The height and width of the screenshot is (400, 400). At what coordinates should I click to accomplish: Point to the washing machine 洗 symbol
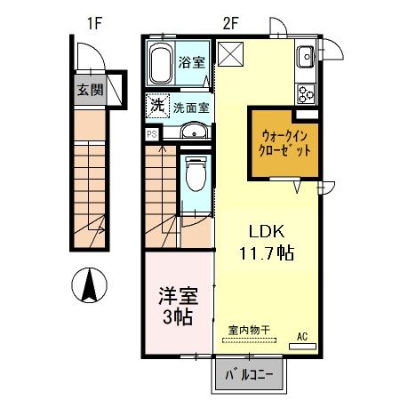(156, 104)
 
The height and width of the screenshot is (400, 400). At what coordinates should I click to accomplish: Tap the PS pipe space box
(151, 135)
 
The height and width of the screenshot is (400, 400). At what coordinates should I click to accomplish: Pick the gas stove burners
(307, 91)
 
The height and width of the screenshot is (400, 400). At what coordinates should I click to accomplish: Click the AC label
(301, 335)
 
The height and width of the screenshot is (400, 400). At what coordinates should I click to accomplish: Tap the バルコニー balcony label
(248, 374)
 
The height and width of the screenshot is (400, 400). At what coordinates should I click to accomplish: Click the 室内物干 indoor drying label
(247, 330)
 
